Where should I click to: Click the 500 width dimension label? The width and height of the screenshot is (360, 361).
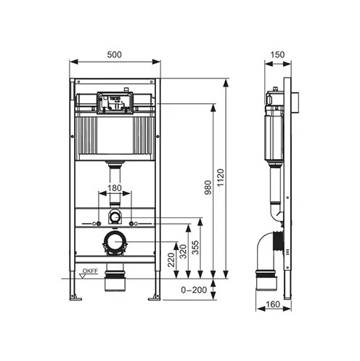pyautogui.click(x=114, y=54)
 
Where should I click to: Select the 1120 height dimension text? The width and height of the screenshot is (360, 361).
pyautogui.click(x=221, y=178)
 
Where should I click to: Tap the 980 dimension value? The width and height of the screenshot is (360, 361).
pyautogui.click(x=208, y=187)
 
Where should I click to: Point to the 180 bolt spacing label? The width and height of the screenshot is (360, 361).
pyautogui.click(x=115, y=188)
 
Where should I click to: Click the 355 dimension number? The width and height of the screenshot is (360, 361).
pyautogui.click(x=195, y=247)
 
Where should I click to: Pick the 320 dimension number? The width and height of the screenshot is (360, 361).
pyautogui.click(x=183, y=251)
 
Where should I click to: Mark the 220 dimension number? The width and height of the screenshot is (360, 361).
pyautogui.click(x=171, y=260)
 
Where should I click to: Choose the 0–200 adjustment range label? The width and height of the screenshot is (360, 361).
pyautogui.click(x=194, y=290)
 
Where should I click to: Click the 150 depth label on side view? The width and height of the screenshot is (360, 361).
pyautogui.click(x=277, y=54)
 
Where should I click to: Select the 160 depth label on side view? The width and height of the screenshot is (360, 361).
pyautogui.click(x=273, y=304)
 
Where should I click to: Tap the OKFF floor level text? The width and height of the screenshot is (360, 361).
pyautogui.click(x=90, y=271)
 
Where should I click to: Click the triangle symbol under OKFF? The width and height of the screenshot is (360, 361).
pyautogui.click(x=83, y=276)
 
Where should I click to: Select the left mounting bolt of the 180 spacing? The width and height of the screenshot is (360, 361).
pyautogui.click(x=99, y=224)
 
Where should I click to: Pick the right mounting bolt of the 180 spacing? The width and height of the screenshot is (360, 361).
pyautogui.click(x=131, y=224)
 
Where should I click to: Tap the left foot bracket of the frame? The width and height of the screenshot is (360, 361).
pyautogui.click(x=75, y=297)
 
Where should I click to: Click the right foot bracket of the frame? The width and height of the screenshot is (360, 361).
pyautogui.click(x=155, y=297)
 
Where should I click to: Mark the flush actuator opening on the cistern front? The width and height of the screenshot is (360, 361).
pyautogui.click(x=115, y=102)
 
